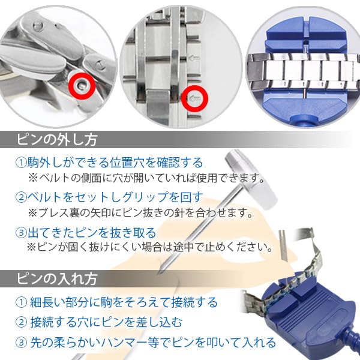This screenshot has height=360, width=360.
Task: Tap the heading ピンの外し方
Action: click(57, 140)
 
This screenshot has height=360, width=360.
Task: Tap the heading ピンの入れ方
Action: click(57, 279)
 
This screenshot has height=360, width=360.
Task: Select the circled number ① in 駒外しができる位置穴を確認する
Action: click(20, 163)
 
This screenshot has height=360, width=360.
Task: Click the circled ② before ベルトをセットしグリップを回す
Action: click(20, 197)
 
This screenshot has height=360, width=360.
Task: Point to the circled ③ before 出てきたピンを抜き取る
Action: click(20, 232)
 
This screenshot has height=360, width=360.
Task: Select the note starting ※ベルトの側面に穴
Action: click(147, 178)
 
